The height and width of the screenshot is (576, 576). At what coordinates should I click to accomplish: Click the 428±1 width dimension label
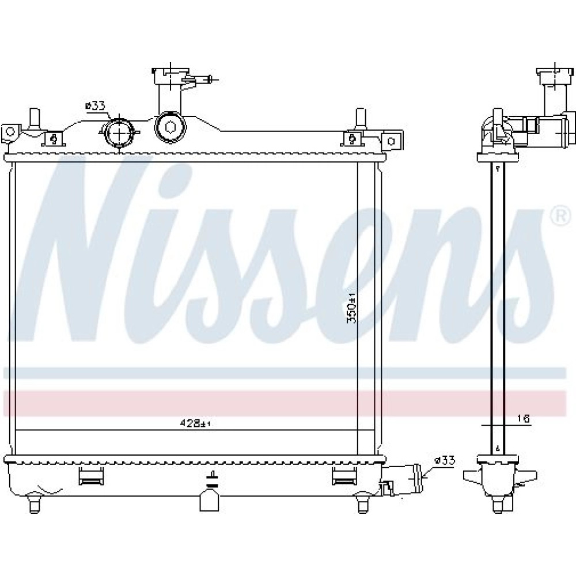[x=196, y=423]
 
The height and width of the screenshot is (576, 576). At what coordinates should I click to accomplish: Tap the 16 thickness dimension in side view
[x=524, y=419]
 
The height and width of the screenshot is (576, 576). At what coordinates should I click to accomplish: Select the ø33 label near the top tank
[x=95, y=106]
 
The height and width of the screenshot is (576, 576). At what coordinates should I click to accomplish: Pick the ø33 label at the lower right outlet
[x=445, y=460]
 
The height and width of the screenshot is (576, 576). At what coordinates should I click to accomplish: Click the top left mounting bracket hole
[x=10, y=131]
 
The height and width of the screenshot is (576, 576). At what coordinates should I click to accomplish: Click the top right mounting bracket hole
[x=391, y=141]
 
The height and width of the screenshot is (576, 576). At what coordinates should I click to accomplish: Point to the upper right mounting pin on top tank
[x=360, y=120]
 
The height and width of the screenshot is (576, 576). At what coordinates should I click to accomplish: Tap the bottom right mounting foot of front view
[x=362, y=503]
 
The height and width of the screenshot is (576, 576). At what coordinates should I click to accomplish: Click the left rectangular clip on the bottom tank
[x=91, y=476]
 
